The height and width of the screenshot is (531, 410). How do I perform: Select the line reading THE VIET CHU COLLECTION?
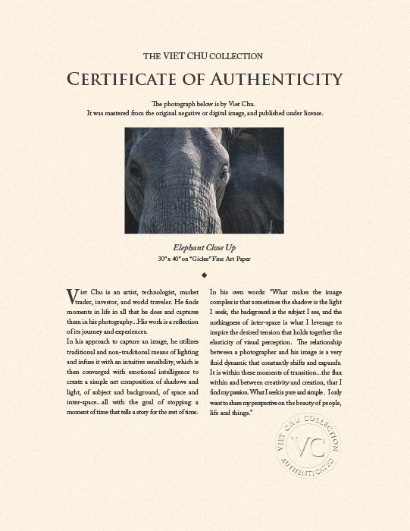click(x=203, y=56)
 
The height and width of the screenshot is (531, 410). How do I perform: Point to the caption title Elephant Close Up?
click(x=205, y=248)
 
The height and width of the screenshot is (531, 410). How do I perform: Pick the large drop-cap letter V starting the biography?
click(x=72, y=295)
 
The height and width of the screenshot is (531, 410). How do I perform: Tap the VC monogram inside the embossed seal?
click(x=307, y=447)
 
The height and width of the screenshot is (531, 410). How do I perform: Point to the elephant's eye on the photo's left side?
click(x=136, y=171)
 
